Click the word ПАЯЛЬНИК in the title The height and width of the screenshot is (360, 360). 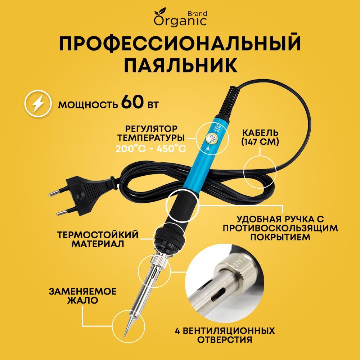[x=180, y=67]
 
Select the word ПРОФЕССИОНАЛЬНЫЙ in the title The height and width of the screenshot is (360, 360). [x=180, y=43]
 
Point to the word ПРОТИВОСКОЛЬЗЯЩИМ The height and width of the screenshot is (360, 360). [x=281, y=228]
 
